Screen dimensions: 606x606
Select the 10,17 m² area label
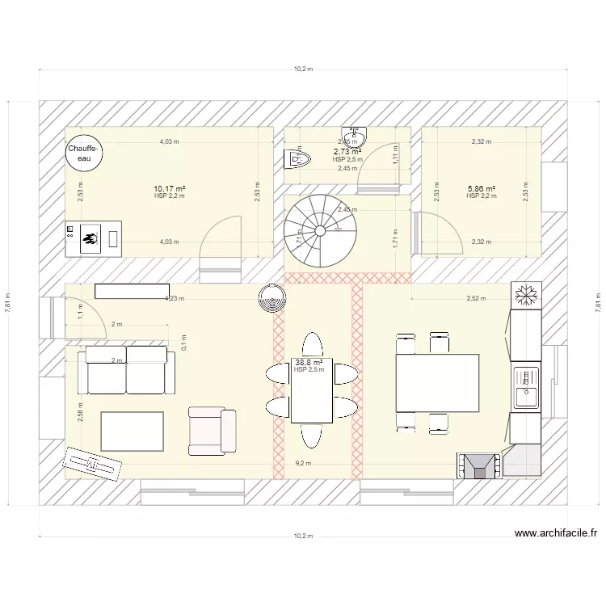170,189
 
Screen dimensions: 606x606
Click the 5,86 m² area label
481,189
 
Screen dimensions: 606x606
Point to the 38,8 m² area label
309,363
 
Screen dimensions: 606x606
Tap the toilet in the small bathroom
297,160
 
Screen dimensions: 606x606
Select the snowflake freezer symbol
526,295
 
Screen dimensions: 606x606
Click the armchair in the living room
212,431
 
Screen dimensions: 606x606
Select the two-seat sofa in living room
127,368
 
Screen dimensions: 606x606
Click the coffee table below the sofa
132,431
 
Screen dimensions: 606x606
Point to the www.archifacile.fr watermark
555,533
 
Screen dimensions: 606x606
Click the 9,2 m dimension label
303,464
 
